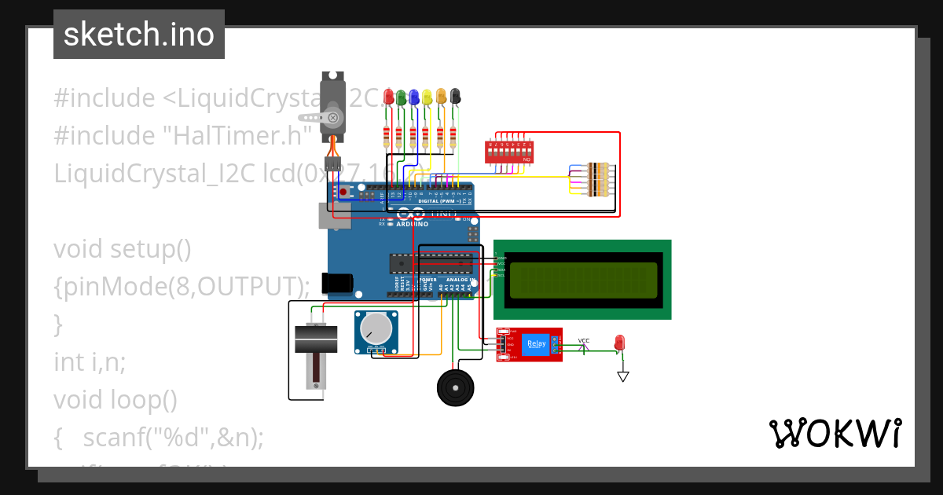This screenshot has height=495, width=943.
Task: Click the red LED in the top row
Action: point(387,97)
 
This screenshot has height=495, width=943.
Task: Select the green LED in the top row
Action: point(401,97)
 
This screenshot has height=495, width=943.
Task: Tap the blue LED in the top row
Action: point(414,97)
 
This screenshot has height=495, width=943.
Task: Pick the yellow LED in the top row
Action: point(427,97)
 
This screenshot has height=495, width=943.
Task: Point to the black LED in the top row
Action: point(455,97)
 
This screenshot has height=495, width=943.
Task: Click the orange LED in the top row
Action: point(441,97)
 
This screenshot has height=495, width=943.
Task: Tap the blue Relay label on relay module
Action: point(537,343)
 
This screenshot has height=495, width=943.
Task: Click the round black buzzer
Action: point(455,387)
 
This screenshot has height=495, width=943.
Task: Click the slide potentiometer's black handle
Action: point(316,339)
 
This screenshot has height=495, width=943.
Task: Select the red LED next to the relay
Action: point(619,343)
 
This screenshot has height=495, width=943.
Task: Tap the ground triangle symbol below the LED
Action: point(623,376)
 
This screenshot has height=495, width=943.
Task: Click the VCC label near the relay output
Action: point(584,341)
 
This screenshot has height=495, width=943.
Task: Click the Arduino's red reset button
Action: point(343,192)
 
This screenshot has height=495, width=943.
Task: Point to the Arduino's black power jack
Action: point(339,283)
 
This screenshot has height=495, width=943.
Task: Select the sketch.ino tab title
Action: point(139,35)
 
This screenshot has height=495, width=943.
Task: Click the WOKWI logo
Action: point(835,433)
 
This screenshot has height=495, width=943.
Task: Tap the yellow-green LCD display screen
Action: point(583,280)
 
